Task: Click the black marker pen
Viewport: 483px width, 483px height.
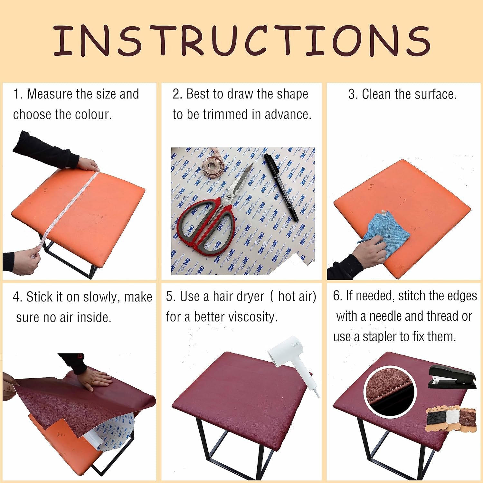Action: click(x=281, y=187)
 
